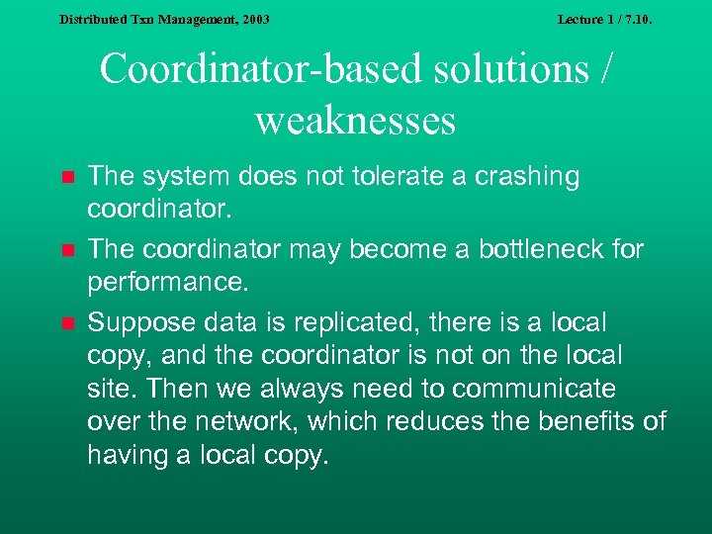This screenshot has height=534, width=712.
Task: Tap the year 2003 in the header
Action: click(254, 20)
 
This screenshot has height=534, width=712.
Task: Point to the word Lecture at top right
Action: click(579, 20)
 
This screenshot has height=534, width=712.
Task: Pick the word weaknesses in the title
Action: click(355, 121)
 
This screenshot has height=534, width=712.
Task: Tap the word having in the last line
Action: click(123, 456)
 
